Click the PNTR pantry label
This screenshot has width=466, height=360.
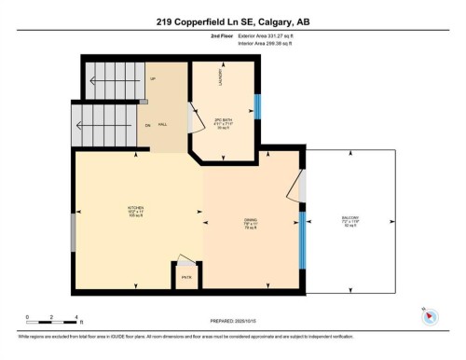click(x=186, y=276)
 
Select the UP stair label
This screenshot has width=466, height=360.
click(x=152, y=78)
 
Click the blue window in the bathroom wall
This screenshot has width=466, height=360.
click(x=257, y=106)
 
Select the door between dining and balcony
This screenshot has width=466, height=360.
click(x=300, y=186)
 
